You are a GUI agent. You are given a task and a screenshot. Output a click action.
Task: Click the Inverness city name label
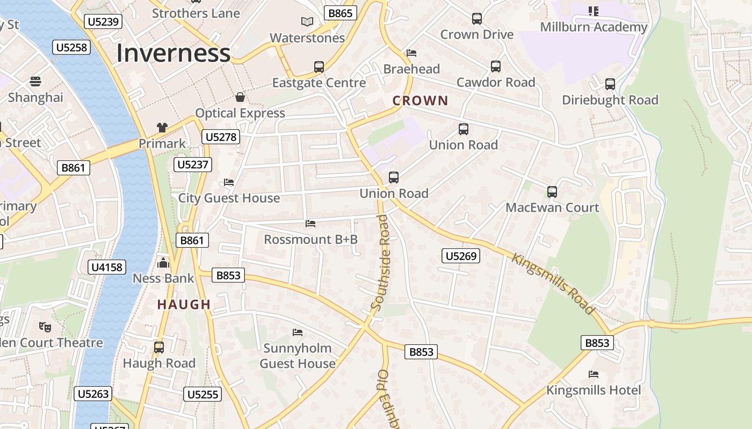(173, 53)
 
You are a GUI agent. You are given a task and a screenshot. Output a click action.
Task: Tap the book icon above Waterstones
(307, 22)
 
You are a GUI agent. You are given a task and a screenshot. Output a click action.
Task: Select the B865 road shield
(341, 13)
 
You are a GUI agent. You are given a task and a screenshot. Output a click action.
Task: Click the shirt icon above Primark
(162, 128)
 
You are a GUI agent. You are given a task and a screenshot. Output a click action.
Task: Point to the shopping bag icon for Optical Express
(240, 97)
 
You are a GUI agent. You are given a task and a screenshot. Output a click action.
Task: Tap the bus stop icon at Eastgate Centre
(319, 67)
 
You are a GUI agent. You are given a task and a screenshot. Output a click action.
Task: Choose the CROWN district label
(420, 100)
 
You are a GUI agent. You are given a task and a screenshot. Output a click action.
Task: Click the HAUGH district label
(184, 305)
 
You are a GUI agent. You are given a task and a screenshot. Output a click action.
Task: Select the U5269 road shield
(461, 256)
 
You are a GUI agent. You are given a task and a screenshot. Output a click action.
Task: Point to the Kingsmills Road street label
(553, 283)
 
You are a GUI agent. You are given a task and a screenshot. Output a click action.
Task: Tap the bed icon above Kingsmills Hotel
(594, 374)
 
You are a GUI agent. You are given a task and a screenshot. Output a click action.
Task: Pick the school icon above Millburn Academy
(593, 11)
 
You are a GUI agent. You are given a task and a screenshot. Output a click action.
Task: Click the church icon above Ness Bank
(163, 263)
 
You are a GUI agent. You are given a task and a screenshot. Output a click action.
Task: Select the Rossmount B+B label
(310, 239)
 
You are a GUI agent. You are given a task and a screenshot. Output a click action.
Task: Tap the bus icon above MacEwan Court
(552, 191)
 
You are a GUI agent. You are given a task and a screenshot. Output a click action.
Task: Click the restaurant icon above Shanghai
(35, 82)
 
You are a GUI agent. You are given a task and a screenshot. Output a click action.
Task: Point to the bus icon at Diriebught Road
(610, 84)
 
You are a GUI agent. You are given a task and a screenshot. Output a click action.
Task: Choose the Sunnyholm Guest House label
(298, 356)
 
